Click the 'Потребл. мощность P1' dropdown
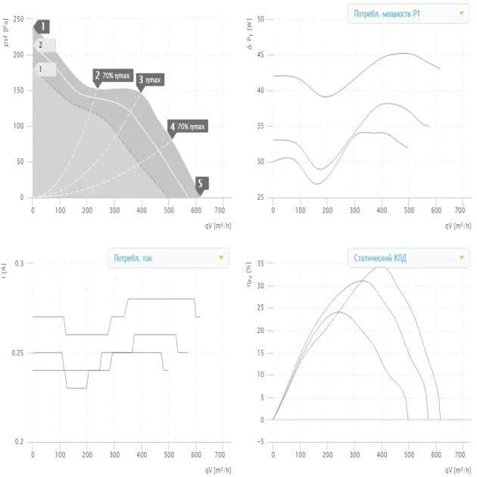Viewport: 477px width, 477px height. [407, 13]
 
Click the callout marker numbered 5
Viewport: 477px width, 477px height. [201, 183]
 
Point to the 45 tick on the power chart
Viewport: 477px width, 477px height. [261, 55]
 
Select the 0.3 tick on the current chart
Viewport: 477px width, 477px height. [20, 263]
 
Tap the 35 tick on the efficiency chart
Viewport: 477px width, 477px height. [261, 263]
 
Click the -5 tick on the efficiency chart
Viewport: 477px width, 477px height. [260, 442]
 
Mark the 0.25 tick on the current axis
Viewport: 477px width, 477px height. [18, 353]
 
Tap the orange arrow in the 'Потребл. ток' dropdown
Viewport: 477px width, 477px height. [220, 257]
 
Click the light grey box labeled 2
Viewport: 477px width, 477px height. [45, 45]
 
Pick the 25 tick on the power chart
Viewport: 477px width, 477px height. [261, 197]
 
